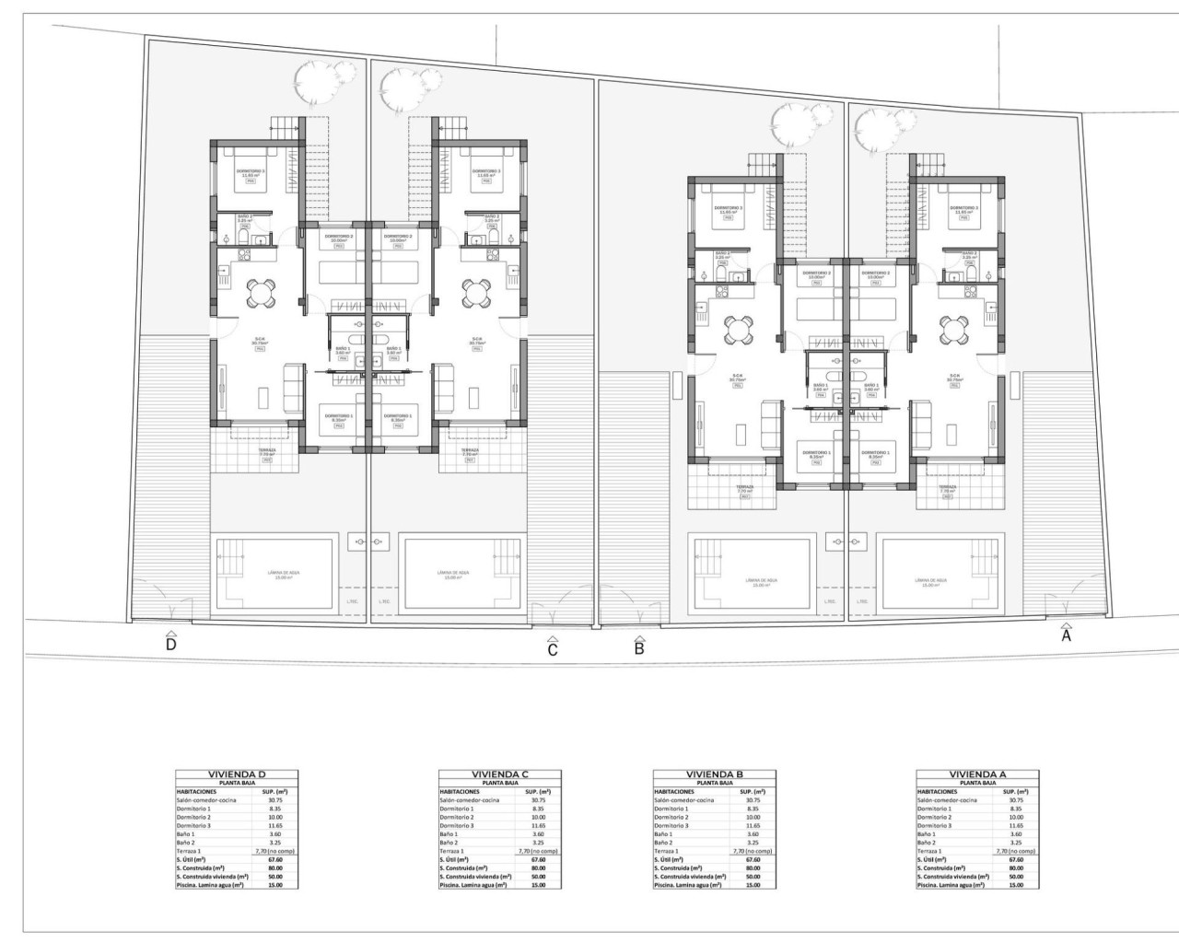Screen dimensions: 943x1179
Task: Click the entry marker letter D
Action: tap(170, 645)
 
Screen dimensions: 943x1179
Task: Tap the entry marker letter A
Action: tap(1067, 634)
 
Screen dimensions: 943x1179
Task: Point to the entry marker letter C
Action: tap(553, 650)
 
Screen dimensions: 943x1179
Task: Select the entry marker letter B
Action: tap(639, 647)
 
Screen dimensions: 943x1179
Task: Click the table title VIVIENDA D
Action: tap(238, 774)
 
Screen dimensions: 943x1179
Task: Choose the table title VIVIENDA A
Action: tap(977, 774)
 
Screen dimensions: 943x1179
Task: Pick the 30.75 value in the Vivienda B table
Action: tap(753, 800)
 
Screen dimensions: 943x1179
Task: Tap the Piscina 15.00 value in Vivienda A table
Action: tap(1016, 885)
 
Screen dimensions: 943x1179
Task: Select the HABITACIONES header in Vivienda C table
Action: tap(460, 791)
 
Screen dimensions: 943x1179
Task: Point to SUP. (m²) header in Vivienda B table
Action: tap(753, 791)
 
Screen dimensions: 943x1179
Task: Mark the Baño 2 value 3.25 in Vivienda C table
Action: tap(538, 843)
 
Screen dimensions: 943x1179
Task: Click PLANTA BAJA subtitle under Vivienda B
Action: tap(715, 783)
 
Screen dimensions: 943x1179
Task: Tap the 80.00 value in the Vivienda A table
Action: tap(1016, 867)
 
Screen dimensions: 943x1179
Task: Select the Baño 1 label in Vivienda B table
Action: tap(666, 834)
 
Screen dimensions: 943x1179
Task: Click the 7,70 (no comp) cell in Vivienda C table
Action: tap(538, 851)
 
